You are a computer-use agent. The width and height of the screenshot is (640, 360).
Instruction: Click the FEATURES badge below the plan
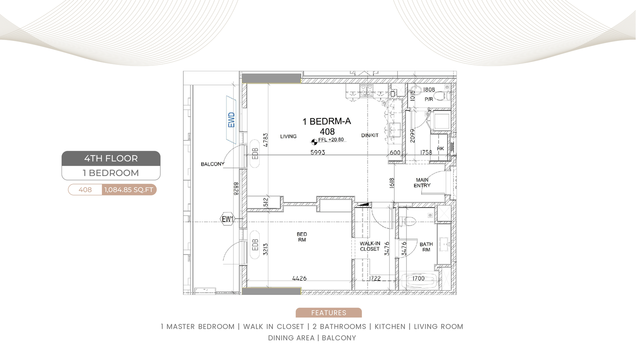pos(328,312)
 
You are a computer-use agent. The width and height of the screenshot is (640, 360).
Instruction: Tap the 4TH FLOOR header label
pos(111,158)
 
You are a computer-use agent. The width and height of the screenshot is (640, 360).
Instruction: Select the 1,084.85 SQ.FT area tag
pos(129,190)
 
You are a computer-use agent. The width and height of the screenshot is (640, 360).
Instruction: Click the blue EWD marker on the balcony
pos(231,120)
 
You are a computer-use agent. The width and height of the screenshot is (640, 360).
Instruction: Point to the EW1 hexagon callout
pos(228,219)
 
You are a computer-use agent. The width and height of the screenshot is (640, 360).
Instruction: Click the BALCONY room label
pos(212,164)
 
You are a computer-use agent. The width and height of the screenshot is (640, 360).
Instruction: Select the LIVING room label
pos(288,136)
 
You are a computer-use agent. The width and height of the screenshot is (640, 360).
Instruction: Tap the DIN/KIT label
pos(370,136)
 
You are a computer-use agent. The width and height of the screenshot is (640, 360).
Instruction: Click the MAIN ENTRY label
pos(422,182)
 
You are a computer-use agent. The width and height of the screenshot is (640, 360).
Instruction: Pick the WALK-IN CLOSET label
pos(370,246)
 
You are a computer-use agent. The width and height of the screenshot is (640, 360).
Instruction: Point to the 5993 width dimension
pos(318,152)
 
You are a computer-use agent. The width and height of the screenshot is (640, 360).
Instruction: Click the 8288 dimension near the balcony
pos(236,189)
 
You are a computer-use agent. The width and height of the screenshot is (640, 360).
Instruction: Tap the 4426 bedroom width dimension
pos(300,278)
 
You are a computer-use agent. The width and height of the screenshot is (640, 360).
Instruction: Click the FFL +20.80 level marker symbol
pos(314,142)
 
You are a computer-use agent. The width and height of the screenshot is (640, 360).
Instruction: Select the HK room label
pos(440,148)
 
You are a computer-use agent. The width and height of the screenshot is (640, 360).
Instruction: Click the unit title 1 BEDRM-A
pos(326,122)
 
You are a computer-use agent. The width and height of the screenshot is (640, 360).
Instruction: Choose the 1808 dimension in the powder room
pos(429,90)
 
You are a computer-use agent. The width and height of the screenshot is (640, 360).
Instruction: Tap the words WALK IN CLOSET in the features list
pos(274,326)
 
